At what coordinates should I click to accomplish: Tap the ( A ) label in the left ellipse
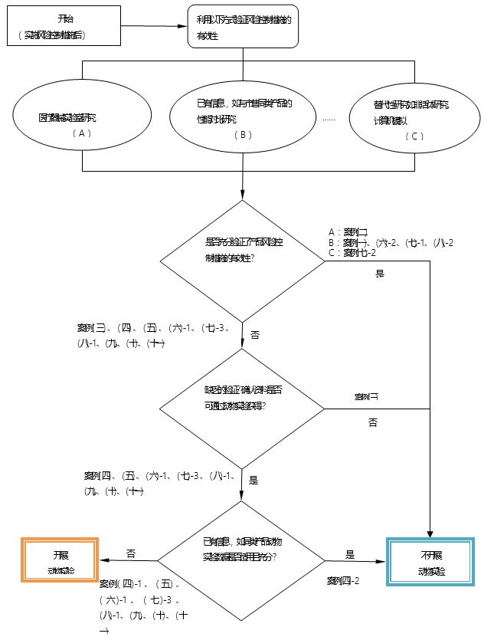point(82,133)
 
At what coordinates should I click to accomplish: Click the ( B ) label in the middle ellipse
point(243,134)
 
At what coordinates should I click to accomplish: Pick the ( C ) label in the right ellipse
point(415,136)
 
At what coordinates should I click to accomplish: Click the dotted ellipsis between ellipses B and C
point(329,119)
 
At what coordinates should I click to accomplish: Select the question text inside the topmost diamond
point(241,248)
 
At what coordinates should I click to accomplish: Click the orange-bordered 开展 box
point(61,561)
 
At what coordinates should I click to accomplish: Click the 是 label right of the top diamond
point(380,273)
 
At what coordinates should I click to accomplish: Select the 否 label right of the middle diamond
point(373,422)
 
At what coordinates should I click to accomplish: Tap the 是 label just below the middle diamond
point(254,481)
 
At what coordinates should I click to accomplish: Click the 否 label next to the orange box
point(131,553)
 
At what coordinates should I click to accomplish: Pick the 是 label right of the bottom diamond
point(350,554)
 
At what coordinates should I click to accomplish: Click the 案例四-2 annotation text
point(343,579)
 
